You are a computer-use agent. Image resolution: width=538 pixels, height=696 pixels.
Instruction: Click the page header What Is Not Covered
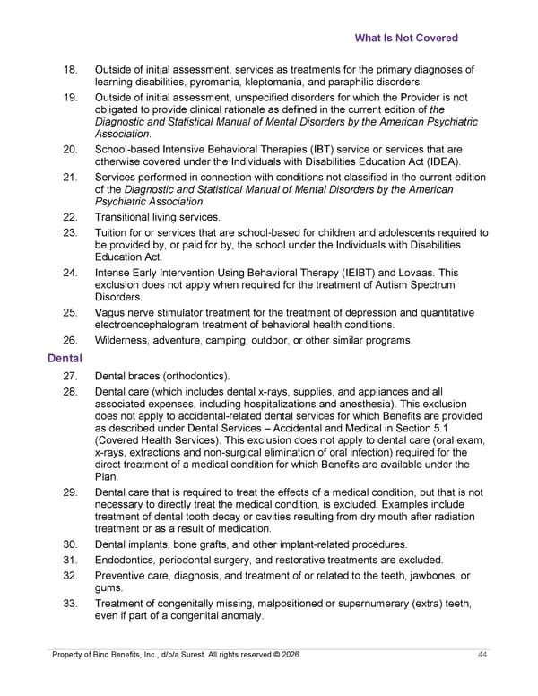(x=406, y=39)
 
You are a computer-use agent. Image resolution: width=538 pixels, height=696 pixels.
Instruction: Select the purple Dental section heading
(x=65, y=359)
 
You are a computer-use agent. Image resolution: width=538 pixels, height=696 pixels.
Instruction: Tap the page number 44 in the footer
(x=482, y=657)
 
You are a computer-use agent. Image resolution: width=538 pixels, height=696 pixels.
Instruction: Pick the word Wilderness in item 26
(x=125, y=340)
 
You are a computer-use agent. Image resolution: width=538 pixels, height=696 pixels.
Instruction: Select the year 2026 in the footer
(x=289, y=657)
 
